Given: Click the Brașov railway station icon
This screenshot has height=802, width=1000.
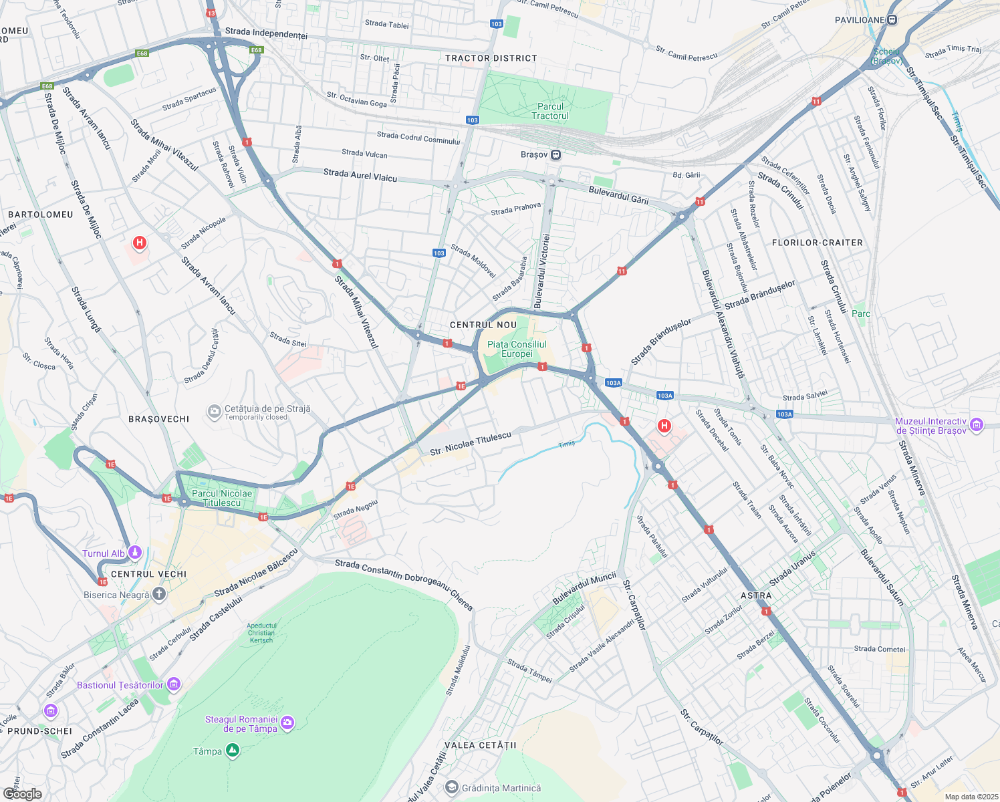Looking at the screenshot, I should coord(556,155).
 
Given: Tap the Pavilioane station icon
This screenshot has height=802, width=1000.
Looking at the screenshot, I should coord(892,20).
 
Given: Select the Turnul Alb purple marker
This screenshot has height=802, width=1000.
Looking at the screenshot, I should coord(135,553).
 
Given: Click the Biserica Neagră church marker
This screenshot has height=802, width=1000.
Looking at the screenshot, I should coord(158,593).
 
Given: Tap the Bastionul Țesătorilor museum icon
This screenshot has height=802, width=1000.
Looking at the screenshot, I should coord(174,684).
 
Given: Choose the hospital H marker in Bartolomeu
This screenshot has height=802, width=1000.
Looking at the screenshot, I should coord(140,243).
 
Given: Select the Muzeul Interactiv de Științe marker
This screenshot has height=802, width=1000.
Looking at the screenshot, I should coord(977,425).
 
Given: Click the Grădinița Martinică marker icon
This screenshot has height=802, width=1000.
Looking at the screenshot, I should coord(452,788).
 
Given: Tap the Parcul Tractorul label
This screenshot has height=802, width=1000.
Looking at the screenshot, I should coord(550,111).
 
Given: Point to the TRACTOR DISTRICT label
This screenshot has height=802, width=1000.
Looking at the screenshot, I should coord(491,58).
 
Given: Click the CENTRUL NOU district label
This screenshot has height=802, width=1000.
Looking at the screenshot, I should coord(483,325).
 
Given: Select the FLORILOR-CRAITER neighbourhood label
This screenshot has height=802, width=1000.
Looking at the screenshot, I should coord(818,243).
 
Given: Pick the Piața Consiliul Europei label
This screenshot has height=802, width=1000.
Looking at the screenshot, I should coord(517,349).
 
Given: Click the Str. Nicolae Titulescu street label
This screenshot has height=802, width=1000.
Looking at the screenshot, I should coord(471,443).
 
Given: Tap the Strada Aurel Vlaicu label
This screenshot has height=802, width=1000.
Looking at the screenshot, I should coord(360,175).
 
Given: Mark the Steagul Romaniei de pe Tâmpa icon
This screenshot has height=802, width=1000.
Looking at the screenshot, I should coord(287,722).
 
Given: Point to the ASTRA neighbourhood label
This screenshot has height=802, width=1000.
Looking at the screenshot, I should coord(756,595).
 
